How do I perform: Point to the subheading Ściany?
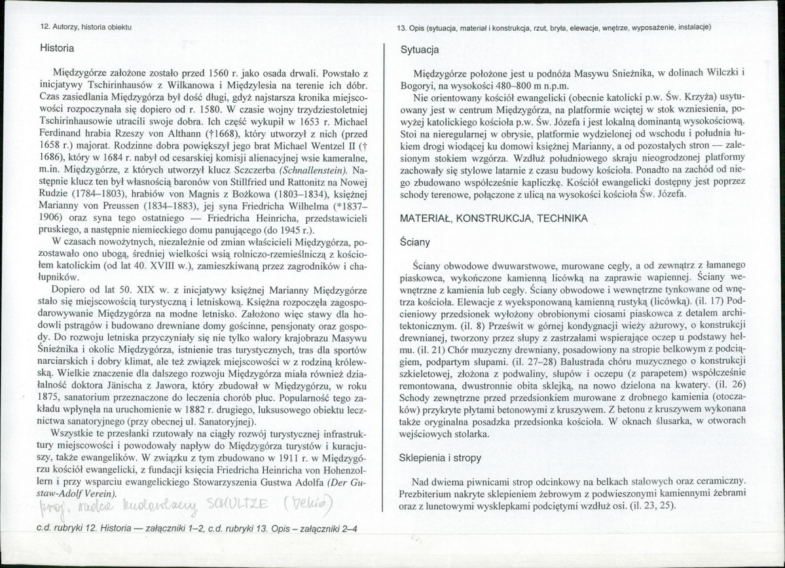pyautogui.click(x=416, y=242)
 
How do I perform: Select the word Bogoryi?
pyautogui.click(x=419, y=86)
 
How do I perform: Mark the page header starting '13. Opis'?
pyautogui.click(x=554, y=27)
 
